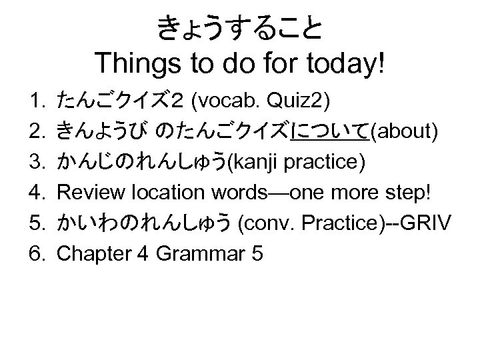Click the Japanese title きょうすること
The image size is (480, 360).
point(240,29)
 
